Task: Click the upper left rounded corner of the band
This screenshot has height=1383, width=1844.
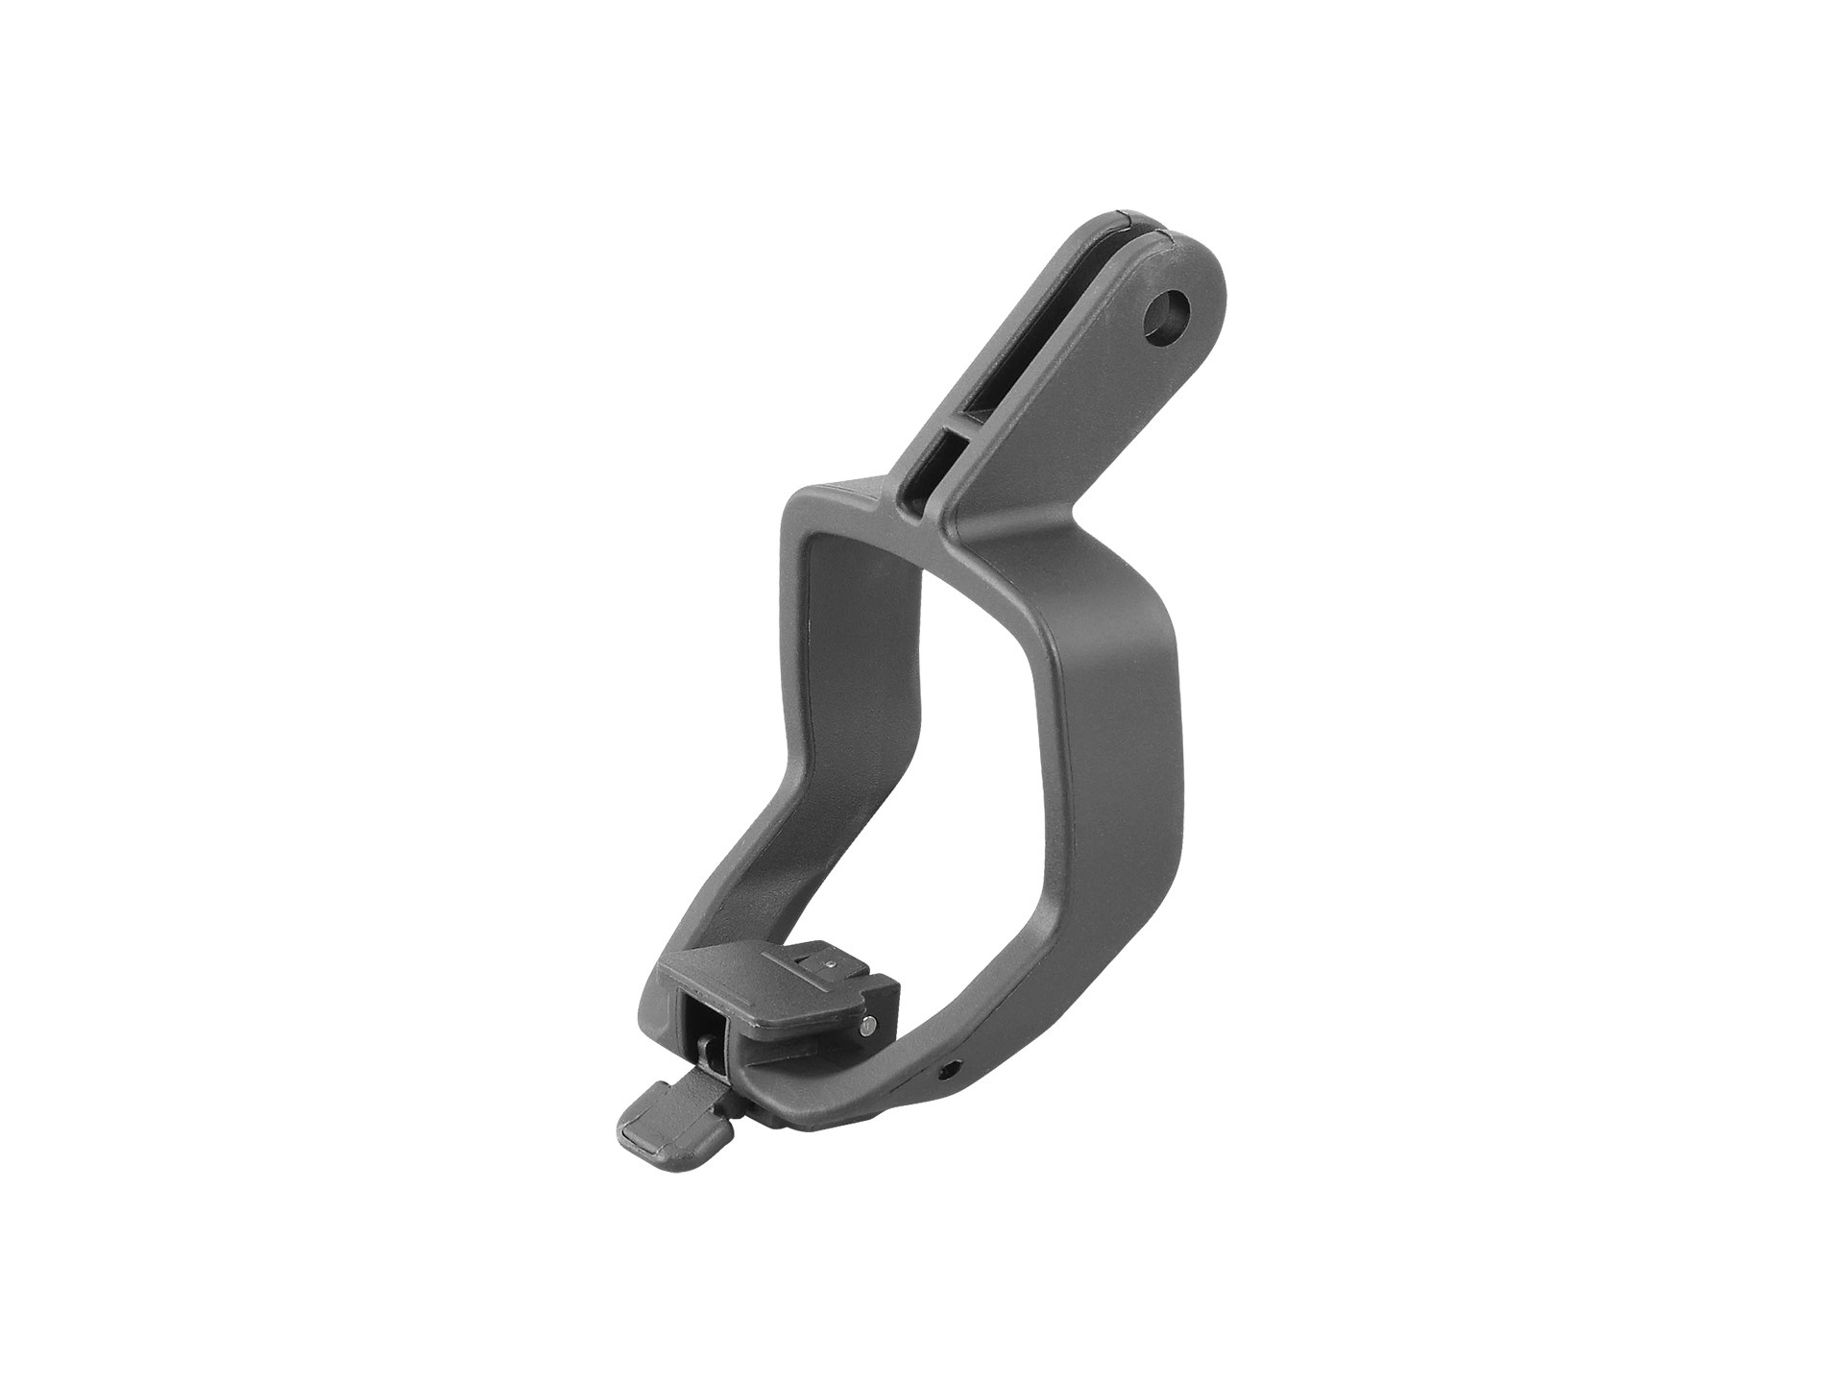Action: (x=807, y=510)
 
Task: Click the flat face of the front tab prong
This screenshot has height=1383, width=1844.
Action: (x=1085, y=403)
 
